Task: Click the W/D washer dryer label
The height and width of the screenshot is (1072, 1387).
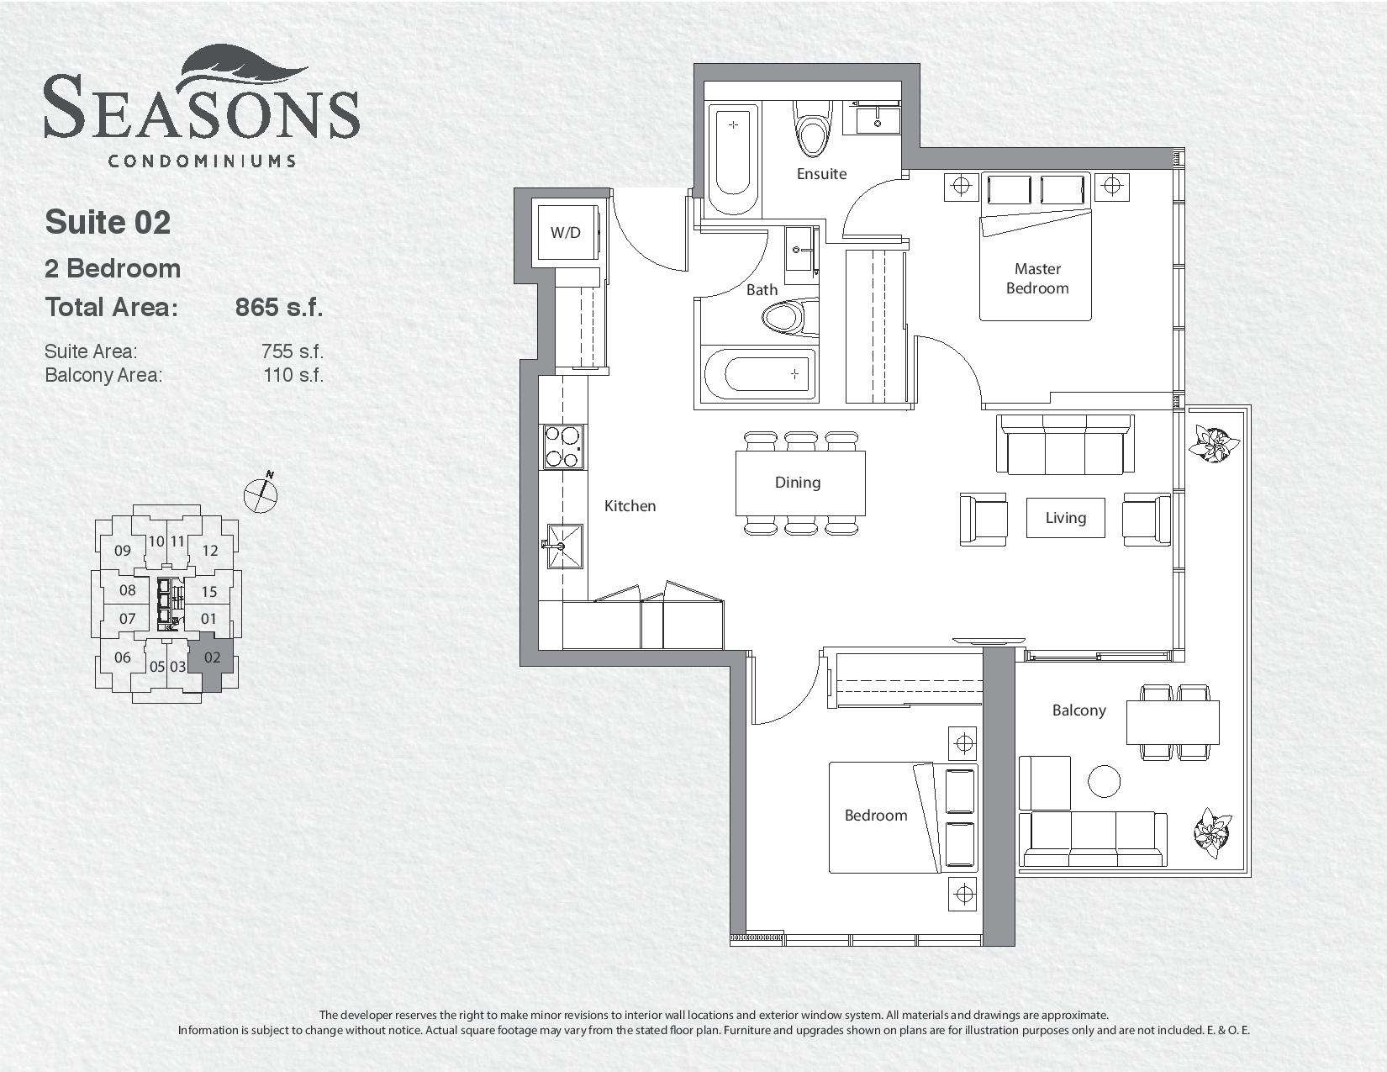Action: pyautogui.click(x=566, y=232)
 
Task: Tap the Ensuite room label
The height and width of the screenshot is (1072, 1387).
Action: pyautogui.click(x=821, y=174)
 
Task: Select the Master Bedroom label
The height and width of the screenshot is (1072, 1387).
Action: pyautogui.click(x=1037, y=278)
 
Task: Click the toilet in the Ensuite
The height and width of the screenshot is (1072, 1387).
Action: pyautogui.click(x=813, y=129)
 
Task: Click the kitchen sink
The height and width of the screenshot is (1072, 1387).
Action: pyautogui.click(x=565, y=546)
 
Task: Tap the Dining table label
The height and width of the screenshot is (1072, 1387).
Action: pyautogui.click(x=797, y=483)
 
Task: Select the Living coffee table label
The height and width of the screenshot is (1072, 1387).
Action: pyautogui.click(x=1065, y=518)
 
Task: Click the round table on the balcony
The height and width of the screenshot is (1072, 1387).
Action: pyautogui.click(x=1104, y=781)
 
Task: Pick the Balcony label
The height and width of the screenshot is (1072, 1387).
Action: pyautogui.click(x=1078, y=710)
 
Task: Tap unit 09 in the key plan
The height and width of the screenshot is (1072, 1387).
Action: pyautogui.click(x=123, y=551)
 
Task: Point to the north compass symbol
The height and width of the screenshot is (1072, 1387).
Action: pyautogui.click(x=261, y=493)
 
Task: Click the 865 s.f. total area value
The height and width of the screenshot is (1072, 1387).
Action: pyautogui.click(x=279, y=308)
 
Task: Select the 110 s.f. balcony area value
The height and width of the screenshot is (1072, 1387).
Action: pyautogui.click(x=293, y=375)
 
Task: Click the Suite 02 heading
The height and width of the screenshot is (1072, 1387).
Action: pyautogui.click(x=108, y=222)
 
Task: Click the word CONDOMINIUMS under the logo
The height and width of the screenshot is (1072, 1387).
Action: pyautogui.click(x=202, y=161)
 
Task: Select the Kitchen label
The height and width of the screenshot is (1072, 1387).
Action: pyautogui.click(x=630, y=505)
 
